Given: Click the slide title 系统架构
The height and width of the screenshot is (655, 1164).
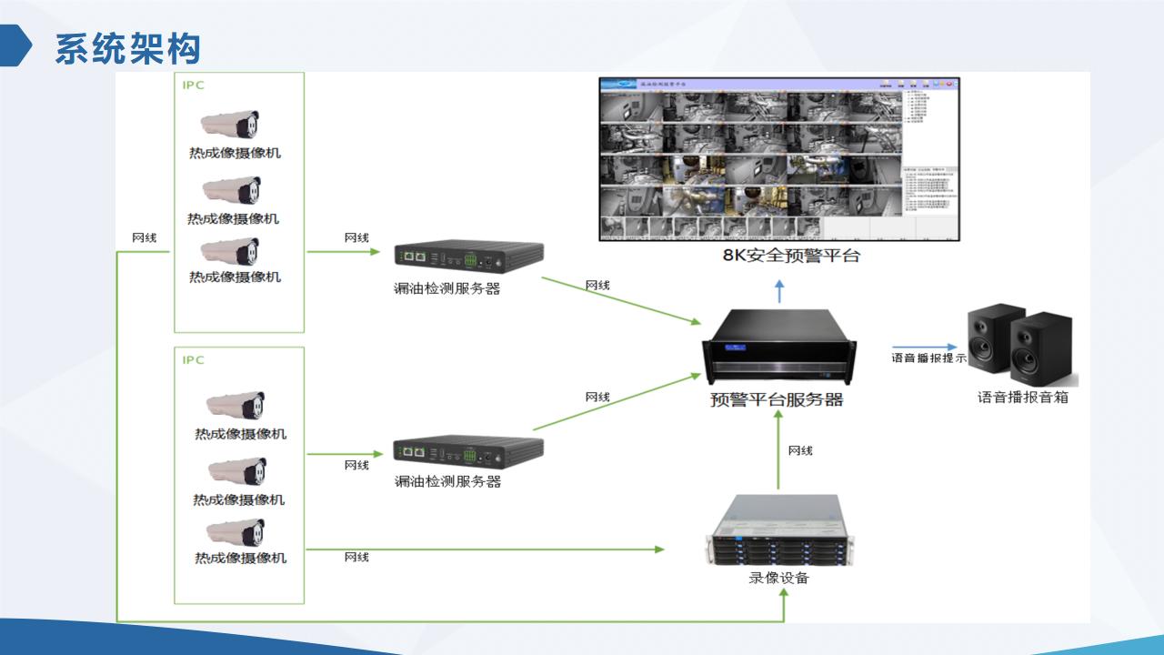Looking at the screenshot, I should [127, 48].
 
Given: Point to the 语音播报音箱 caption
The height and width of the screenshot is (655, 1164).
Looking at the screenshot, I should [1023, 398].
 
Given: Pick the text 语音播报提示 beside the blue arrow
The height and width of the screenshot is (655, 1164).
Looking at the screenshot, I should [928, 358].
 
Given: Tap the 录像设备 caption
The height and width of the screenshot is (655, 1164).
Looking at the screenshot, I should [778, 578].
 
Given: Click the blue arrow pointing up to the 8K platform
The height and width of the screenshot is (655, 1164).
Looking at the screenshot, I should [778, 291].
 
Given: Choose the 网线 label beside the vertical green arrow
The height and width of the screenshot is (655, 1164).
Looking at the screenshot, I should [800, 450].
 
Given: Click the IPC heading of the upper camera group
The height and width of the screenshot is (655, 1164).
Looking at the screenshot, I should [193, 86].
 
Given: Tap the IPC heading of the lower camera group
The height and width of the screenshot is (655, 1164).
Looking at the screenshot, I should [193, 360].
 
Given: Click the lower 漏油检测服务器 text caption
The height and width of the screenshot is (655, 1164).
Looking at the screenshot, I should [447, 481].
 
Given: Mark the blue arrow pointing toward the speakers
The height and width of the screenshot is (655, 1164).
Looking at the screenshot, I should [924, 347].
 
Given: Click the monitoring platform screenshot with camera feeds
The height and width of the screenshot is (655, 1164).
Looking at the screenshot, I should [778, 158].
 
